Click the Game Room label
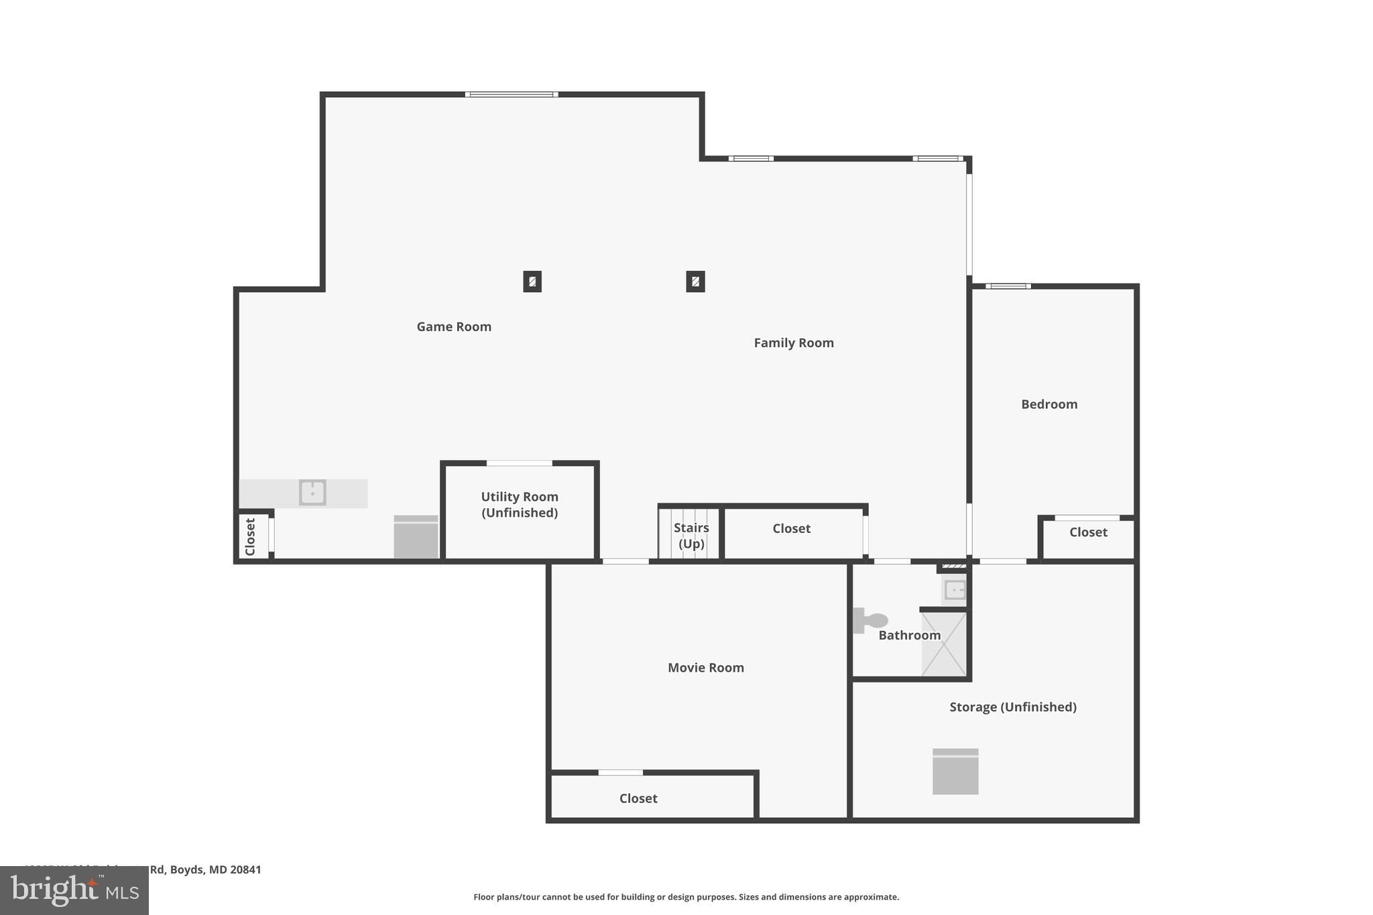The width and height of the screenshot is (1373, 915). (454, 326)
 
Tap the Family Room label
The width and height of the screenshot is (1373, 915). (793, 343)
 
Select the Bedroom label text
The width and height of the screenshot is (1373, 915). (1049, 404)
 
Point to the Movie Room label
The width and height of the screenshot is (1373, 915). (705, 668)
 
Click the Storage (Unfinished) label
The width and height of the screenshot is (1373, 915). (1012, 707)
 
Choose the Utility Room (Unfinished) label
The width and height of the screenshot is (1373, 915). (519, 505)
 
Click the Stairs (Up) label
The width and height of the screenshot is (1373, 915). (691, 536)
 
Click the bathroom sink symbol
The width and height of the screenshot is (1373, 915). (954, 590)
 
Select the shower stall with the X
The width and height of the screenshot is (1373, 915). (944, 644)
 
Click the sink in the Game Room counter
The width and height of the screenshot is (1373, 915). (312, 493)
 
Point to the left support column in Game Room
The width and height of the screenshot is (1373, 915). (532, 282)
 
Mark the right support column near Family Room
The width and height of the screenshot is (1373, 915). (695, 282)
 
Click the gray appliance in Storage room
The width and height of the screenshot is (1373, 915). (955, 772)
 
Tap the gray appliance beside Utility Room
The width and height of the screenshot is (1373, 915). (416, 537)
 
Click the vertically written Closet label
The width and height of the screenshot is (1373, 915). (251, 537)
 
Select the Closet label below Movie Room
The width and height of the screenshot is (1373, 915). (638, 798)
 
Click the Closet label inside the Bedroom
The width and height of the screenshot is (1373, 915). (1087, 532)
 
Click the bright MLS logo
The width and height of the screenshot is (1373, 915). (74, 890)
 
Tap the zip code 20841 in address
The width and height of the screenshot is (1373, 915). (245, 869)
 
